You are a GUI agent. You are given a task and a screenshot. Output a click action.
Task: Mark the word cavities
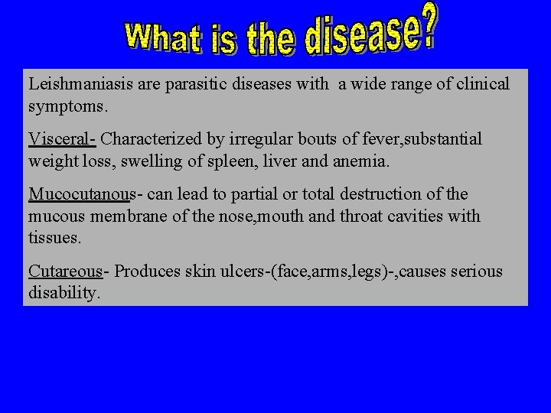(410, 216)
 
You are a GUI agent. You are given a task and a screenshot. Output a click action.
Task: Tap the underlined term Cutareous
(65, 272)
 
